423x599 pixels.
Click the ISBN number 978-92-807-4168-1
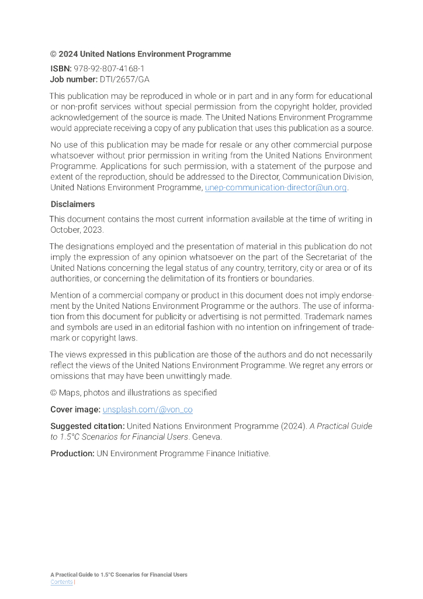(109, 68)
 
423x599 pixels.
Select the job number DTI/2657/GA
(124, 79)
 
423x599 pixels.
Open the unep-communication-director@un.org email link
(276, 188)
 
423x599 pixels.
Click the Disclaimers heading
(72, 204)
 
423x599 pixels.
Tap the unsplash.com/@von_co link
(147, 409)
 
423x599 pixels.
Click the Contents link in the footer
(61, 582)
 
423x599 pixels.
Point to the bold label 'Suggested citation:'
(87, 426)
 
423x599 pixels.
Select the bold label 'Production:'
(72, 453)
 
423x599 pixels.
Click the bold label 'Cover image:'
(75, 409)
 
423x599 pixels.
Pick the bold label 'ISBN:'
(61, 68)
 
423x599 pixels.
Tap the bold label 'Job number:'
(74, 79)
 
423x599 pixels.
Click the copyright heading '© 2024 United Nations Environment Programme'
(140, 54)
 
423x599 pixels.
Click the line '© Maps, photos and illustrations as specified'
(133, 393)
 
